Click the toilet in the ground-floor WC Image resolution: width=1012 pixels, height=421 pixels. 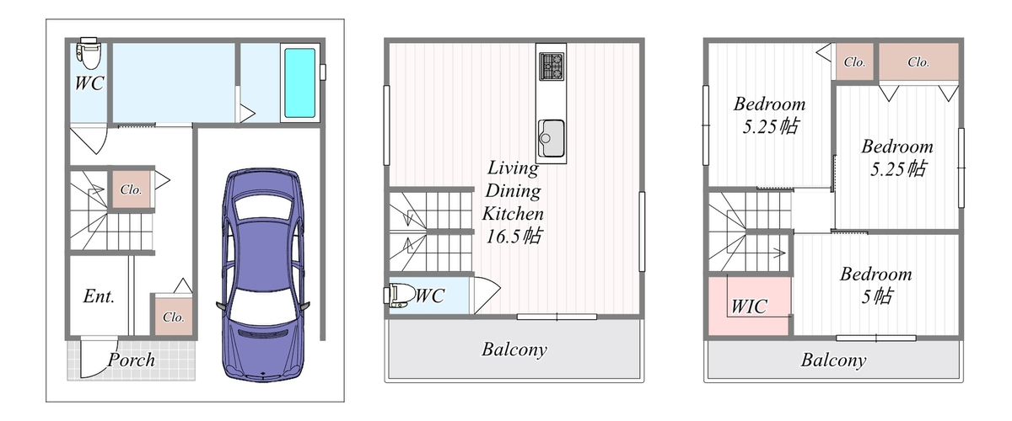[x=89, y=53]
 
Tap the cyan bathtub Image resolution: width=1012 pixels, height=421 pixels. [x=299, y=83]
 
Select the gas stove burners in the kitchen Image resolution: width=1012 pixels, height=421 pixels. [x=552, y=67]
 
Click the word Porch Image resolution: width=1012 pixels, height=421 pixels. [x=132, y=360]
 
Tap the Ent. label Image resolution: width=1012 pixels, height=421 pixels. [x=99, y=296]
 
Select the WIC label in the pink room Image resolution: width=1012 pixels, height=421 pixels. [x=749, y=306]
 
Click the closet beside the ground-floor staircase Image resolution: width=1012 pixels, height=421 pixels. [x=131, y=189]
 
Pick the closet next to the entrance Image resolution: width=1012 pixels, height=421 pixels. [x=173, y=317]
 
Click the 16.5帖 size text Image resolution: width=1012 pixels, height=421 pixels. [x=514, y=236]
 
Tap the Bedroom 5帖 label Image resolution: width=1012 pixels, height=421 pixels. [x=876, y=285]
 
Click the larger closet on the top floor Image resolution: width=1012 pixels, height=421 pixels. [x=918, y=61]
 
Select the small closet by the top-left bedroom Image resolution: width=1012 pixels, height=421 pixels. [x=853, y=61]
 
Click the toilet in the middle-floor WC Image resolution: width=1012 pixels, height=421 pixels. [x=400, y=296]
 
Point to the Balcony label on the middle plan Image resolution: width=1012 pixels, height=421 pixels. [x=514, y=349]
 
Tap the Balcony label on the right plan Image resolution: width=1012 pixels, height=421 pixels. [x=833, y=360]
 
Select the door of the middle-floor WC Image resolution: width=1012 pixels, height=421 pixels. [x=485, y=295]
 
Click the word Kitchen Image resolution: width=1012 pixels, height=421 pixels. [x=513, y=213]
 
